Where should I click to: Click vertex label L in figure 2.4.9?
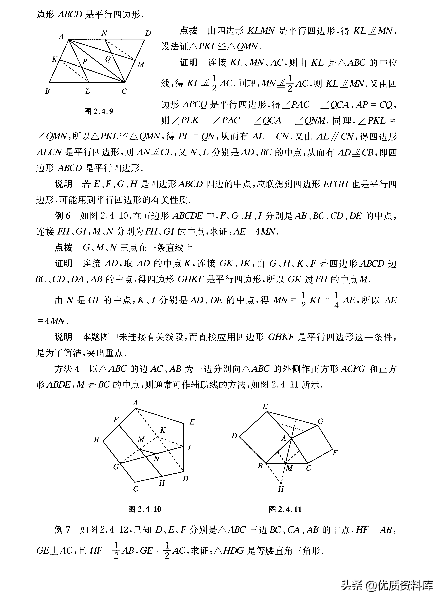click(x=87, y=91)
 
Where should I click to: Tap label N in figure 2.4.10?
click(x=157, y=459)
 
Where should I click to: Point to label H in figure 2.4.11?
click(x=281, y=489)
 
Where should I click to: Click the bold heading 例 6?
click(x=62, y=216)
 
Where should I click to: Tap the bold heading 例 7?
click(x=62, y=530)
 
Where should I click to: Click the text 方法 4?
click(x=67, y=369)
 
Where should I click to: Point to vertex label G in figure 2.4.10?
click(x=116, y=467)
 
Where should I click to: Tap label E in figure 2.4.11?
click(x=265, y=406)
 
